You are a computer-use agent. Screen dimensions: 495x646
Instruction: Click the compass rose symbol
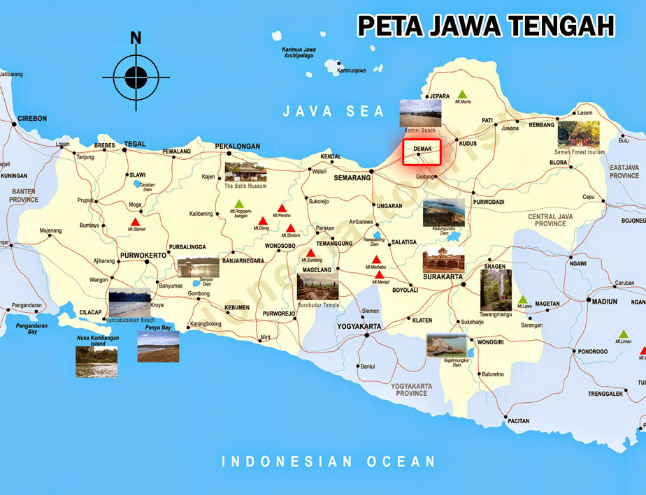[x=136, y=77]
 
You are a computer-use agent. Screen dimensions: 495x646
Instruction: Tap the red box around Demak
[x=421, y=152]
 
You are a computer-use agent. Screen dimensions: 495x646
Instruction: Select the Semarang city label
[x=352, y=178]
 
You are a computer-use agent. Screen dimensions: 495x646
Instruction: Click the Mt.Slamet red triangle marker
[x=136, y=222]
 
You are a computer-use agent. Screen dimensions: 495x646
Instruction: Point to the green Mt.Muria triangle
[x=461, y=94]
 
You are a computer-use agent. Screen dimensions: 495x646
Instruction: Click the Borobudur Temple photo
[x=318, y=287]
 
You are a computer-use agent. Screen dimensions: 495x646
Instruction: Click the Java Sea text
[x=333, y=111]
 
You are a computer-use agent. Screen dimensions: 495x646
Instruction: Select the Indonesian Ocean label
[x=328, y=461]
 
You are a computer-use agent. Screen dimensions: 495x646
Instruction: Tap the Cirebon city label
[x=32, y=118]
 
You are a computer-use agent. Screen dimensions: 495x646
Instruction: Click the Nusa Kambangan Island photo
[x=96, y=361]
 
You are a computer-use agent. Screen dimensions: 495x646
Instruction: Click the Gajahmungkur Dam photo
[x=447, y=346]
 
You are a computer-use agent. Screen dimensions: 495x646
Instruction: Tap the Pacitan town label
[x=518, y=421]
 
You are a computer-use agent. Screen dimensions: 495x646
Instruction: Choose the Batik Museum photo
[x=245, y=172]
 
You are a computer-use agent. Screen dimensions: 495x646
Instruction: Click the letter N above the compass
[x=136, y=38]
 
